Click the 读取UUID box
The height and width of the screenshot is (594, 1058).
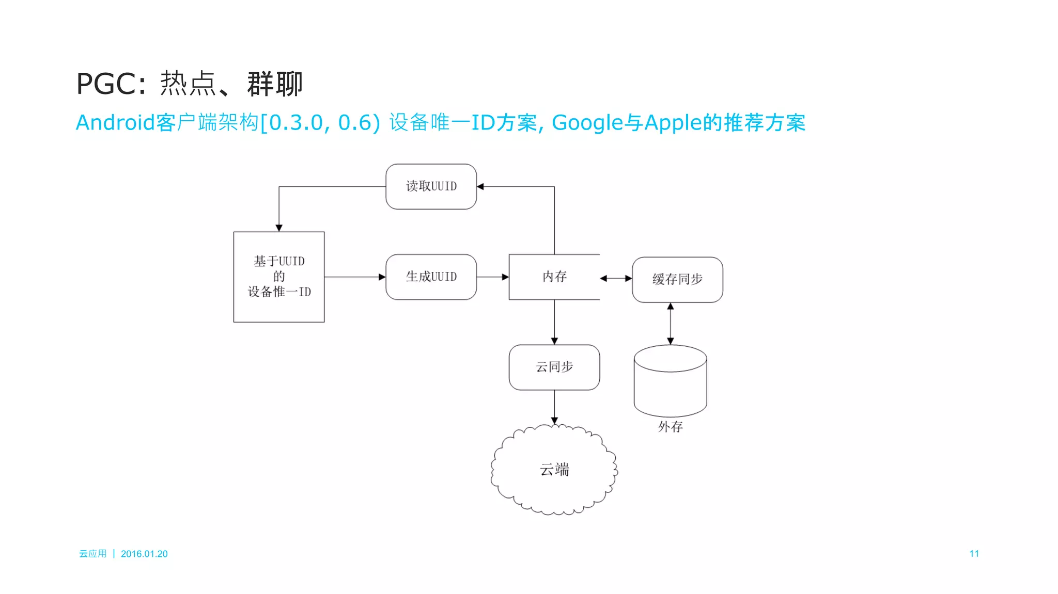[431, 186]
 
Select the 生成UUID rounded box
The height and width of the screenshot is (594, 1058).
[431, 277]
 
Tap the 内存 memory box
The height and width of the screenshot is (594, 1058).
[554, 277]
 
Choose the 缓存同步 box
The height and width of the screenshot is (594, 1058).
[677, 279]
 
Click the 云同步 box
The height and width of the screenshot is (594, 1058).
[554, 367]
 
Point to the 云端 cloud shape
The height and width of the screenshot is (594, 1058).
[554, 470]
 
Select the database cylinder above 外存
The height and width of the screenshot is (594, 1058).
[670, 382]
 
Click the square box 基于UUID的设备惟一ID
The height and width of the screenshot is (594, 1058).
[279, 277]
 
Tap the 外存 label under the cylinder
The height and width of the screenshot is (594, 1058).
[670, 427]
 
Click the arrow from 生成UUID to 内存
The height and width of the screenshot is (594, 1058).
[492, 277]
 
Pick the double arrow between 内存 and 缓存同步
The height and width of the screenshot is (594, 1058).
[616, 278]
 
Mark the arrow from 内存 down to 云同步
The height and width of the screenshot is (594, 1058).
[554, 322]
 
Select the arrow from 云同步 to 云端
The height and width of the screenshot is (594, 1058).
[554, 407]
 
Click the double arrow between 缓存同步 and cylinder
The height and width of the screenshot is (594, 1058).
[670, 324]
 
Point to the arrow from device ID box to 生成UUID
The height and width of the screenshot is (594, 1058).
[355, 277]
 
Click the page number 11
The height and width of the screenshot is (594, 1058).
[974, 554]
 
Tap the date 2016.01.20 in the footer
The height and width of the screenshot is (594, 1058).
[144, 554]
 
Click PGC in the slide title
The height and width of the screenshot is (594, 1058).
[106, 84]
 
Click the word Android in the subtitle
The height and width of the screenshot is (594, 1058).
[115, 123]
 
